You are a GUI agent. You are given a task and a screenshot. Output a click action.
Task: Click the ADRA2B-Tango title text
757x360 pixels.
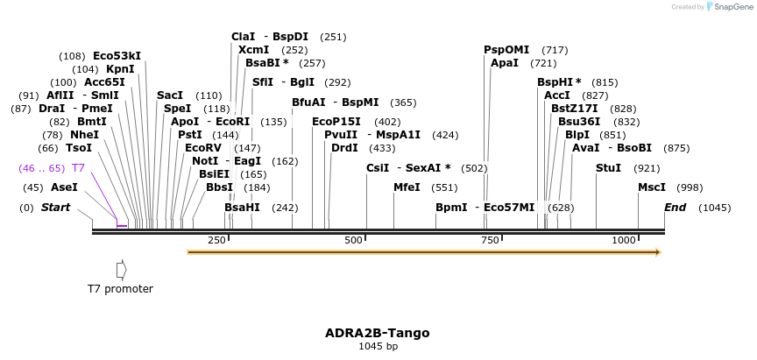pyautogui.click(x=378, y=333)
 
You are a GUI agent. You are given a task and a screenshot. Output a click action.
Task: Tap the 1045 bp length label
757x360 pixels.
pyautogui.click(x=378, y=347)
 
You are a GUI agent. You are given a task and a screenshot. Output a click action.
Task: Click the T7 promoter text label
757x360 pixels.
pyautogui.click(x=120, y=288)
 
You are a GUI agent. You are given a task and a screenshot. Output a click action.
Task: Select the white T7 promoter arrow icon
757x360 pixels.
pyautogui.click(x=121, y=269)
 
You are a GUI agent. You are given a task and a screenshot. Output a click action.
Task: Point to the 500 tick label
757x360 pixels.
pyautogui.click(x=354, y=240)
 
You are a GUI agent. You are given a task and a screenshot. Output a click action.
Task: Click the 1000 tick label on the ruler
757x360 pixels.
pyautogui.click(x=625, y=240)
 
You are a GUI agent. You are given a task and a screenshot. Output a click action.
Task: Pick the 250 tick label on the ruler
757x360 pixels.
pyautogui.click(x=216, y=240)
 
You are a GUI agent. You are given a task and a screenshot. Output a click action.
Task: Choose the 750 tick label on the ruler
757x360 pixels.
pyautogui.click(x=489, y=240)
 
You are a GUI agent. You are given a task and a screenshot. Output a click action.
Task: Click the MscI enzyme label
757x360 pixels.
pyautogui.click(x=652, y=187)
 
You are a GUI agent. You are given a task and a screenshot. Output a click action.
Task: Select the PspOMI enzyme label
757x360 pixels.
pyautogui.click(x=506, y=49)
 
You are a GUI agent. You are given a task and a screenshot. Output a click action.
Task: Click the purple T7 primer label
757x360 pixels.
pyautogui.click(x=78, y=167)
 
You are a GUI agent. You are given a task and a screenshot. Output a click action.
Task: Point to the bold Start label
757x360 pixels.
pyautogui.click(x=55, y=208)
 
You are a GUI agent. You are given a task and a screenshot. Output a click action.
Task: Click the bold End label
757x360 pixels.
pyautogui.click(x=676, y=208)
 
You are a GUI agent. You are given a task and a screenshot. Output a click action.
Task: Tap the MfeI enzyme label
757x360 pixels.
pyautogui.click(x=407, y=187)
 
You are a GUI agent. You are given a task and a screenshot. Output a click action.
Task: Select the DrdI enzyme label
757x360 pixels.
pyautogui.click(x=344, y=148)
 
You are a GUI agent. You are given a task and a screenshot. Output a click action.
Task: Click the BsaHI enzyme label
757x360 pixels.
pyautogui.click(x=242, y=208)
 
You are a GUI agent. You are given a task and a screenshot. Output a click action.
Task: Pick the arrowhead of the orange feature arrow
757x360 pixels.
pyautogui.click(x=656, y=252)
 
